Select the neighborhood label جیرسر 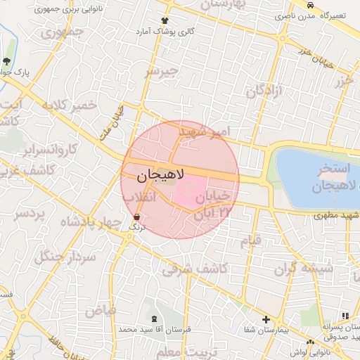click(x=163, y=72)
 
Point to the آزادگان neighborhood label click(x=264, y=90)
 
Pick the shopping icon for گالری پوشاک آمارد click(x=165, y=21)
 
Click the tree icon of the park click(x=7, y=61)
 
